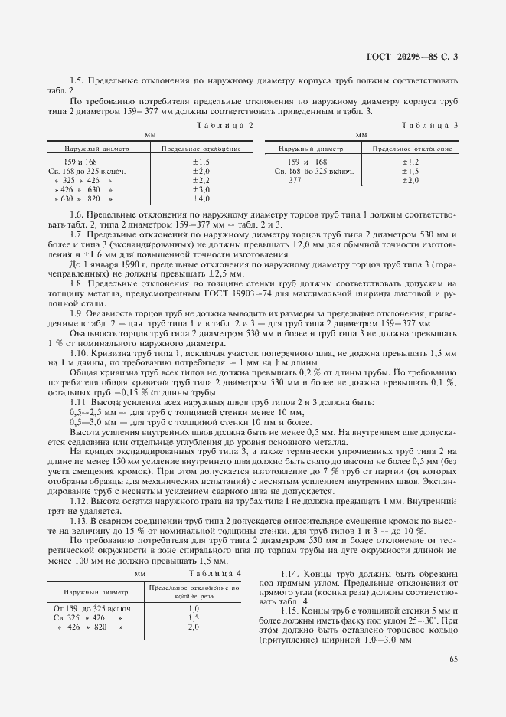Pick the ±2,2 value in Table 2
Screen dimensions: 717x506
201,180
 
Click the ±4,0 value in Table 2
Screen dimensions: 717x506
201,198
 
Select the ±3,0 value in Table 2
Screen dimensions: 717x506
201,189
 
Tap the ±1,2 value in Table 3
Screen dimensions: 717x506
410,162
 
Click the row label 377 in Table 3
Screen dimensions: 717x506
295,180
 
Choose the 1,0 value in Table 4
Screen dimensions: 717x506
194,608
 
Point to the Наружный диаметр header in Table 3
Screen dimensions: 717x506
311,149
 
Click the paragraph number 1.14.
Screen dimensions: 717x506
291,575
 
